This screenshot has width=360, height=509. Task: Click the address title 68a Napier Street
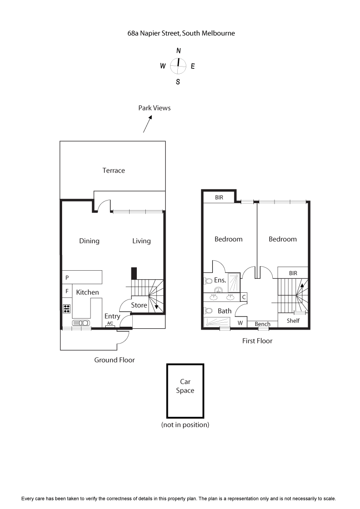[x=181, y=33]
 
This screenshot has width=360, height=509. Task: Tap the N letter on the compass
[x=179, y=51]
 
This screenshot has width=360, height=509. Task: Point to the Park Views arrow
[x=148, y=124]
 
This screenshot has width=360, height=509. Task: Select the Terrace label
[x=113, y=170]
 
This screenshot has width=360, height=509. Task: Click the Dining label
[x=89, y=241]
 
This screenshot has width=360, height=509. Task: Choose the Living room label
[x=141, y=241]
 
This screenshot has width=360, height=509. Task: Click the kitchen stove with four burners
[x=67, y=308]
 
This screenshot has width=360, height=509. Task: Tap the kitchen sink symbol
[x=81, y=323]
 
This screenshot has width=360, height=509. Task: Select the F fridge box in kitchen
[x=67, y=291]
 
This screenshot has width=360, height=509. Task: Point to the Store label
[x=139, y=305]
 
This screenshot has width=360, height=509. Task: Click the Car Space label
[x=185, y=386]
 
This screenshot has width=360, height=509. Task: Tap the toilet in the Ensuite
[x=208, y=281]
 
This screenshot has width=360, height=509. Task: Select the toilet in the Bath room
[x=208, y=310]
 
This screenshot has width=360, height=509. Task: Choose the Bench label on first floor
[x=262, y=324]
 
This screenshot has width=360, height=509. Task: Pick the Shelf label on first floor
[x=293, y=321]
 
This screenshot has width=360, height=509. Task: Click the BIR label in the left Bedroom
[x=219, y=197]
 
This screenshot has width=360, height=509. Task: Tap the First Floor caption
[x=257, y=341]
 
